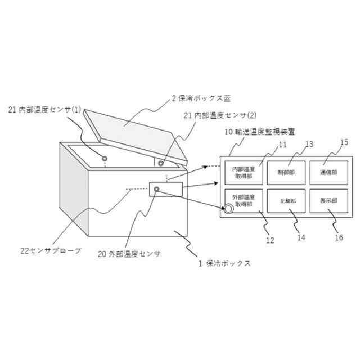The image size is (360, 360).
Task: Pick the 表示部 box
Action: [329, 200]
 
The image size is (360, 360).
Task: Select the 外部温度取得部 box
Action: [243, 200]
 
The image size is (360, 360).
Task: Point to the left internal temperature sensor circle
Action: [105, 159]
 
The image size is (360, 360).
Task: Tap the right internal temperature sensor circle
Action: [161, 163]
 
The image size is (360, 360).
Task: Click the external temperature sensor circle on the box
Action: [156, 189]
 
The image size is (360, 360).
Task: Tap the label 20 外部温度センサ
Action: [129, 254]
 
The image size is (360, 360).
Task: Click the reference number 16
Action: [339, 237]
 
